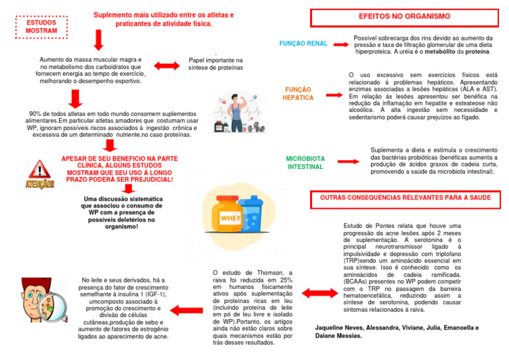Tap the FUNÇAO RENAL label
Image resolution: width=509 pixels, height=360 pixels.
(x=303, y=44)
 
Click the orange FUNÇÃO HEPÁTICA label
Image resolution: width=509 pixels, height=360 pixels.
(x=298, y=93)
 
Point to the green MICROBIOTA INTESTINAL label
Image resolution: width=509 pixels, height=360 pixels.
(x=305, y=163)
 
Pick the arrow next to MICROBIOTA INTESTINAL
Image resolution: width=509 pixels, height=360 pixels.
(x=347, y=161)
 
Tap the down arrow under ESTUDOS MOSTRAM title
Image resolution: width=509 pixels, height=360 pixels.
(x=98, y=39)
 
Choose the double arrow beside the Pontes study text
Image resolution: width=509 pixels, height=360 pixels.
(x=315, y=292)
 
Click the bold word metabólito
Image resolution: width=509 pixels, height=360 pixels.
(x=439, y=52)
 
